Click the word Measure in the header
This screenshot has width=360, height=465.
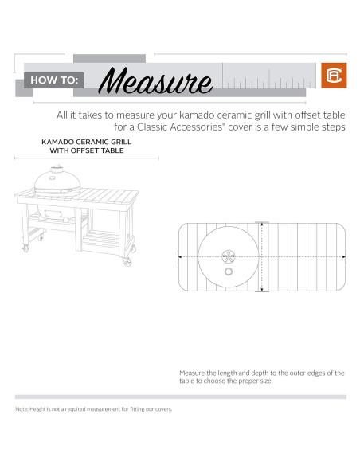159,80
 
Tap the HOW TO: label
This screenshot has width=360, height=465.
53,80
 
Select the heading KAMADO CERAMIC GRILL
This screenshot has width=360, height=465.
86,142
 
